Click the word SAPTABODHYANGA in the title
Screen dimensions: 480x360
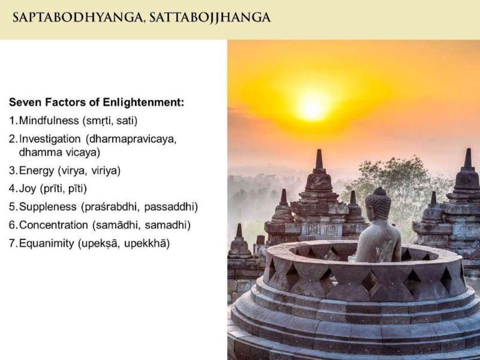[x=79, y=17]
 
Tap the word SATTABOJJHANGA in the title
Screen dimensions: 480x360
[x=210, y=17]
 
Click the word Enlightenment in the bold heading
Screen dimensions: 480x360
[x=143, y=103]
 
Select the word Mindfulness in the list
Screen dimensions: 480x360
[x=49, y=120]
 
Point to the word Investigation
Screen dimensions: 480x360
[x=50, y=139]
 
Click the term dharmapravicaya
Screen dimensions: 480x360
[x=131, y=139]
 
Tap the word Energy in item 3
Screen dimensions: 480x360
[x=37, y=171]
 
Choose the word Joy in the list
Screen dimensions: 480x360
[x=28, y=188]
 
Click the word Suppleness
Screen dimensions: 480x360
[x=48, y=207]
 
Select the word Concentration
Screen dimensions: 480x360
[x=53, y=225]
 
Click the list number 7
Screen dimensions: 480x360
[x=12, y=243]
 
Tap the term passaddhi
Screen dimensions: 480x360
[x=171, y=207]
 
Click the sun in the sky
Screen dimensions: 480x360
[x=312, y=109]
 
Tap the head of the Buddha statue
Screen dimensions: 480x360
[x=378, y=203]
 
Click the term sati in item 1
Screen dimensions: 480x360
[x=127, y=121]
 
